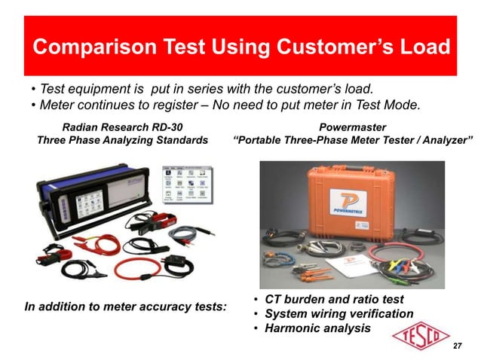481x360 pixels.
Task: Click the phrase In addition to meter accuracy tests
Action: click(x=126, y=307)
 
